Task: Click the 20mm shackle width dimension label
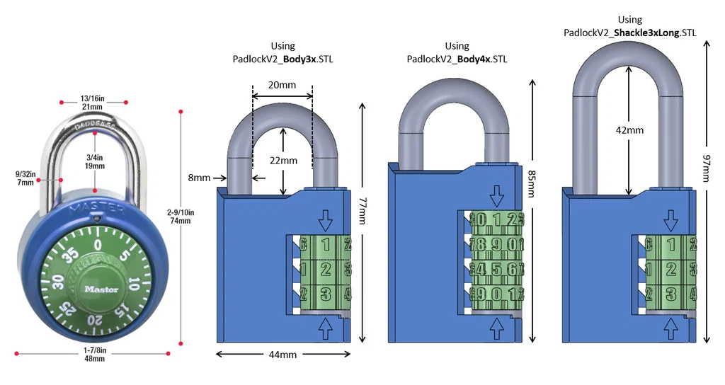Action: point(282,85)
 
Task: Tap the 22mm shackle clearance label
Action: point(283,161)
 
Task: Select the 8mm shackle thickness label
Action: point(200,178)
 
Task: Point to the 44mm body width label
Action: point(282,355)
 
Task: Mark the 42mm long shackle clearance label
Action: point(630,130)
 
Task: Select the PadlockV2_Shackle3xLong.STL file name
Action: point(629,33)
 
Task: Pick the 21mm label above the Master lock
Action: point(93,107)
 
